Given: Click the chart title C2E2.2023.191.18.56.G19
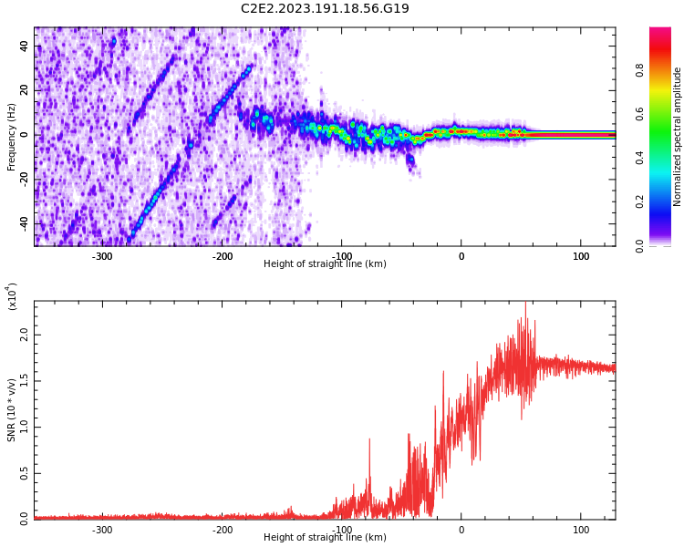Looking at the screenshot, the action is click(325, 8).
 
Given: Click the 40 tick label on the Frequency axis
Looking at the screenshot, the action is click(24, 46).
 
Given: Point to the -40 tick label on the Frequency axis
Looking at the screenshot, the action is click(24, 225).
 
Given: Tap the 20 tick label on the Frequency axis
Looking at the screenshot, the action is click(24, 90).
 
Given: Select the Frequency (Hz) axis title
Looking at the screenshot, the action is click(11, 137).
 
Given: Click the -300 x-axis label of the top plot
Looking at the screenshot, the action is click(102, 256).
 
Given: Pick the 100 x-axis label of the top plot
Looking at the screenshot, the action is click(581, 256).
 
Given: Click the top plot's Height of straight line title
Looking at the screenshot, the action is click(325, 263).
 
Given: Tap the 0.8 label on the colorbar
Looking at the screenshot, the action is click(639, 70).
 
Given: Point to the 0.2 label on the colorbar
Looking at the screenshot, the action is click(639, 201).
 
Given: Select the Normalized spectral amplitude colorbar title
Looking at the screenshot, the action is click(677, 137).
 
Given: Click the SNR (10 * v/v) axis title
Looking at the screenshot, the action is click(11, 410).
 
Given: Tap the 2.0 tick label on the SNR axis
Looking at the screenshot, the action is click(24, 335).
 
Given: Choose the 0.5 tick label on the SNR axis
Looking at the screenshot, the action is click(24, 473).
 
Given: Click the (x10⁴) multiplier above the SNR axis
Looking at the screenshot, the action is click(12, 296).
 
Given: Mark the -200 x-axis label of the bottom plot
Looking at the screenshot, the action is click(222, 530).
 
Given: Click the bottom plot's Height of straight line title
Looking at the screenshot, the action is click(325, 537).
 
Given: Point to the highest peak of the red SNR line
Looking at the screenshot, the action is click(525, 302).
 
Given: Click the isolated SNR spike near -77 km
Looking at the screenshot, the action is click(370, 439).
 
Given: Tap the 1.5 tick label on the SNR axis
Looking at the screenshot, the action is click(24, 381).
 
